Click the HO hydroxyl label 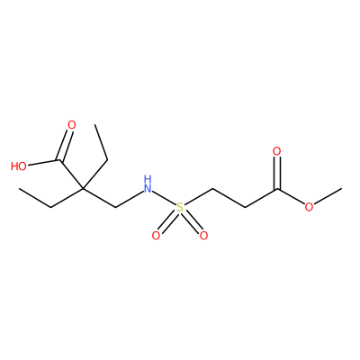19,166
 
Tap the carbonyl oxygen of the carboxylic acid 72,125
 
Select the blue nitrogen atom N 148,188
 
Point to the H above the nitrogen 148,179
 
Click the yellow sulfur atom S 180,207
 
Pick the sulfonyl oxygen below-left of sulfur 156,236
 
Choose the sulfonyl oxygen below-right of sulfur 204,236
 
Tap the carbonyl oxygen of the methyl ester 277,151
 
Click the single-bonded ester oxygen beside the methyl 309,207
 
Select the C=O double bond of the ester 277,173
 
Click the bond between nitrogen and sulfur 164,198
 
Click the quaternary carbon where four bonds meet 83,188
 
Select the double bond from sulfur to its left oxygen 168,221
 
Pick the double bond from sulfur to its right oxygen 192,221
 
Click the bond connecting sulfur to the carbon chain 198,197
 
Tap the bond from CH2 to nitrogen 129,199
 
